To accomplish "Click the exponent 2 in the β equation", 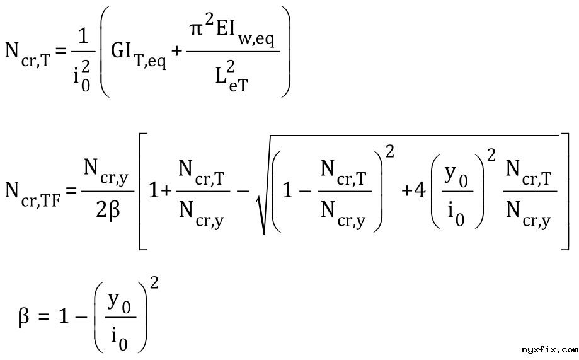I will pos(155,284).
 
